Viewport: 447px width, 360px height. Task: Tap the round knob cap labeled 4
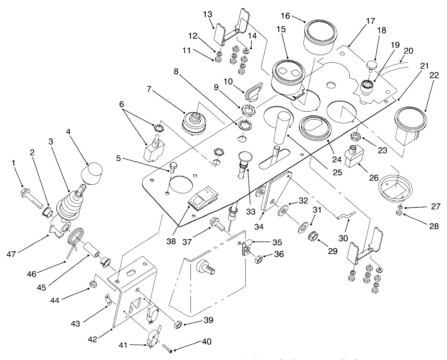(92, 172)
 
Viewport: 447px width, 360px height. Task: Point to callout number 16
(286, 16)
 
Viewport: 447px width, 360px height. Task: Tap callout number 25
(337, 173)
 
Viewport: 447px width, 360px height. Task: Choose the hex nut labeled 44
(92, 284)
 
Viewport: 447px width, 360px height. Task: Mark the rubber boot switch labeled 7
(193, 121)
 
